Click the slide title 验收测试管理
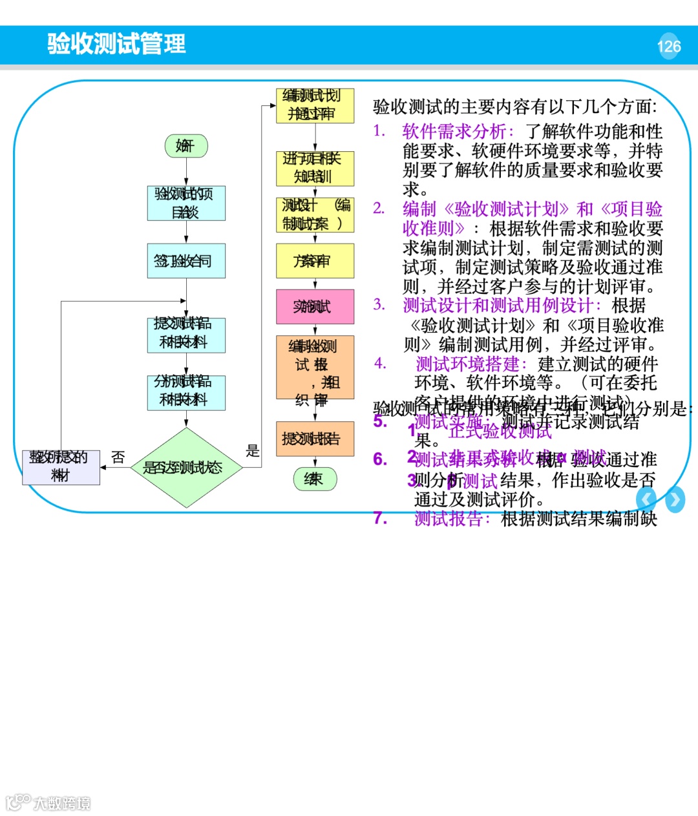[x=116, y=44]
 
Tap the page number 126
[x=669, y=47]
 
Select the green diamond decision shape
[x=186, y=467]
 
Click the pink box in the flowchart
[x=315, y=306]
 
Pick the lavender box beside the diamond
[x=61, y=466]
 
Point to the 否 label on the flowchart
[x=118, y=457]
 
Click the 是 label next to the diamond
[x=253, y=451]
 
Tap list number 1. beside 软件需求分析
[x=379, y=131]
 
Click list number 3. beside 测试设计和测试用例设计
[x=379, y=305]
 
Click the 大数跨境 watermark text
[x=62, y=803]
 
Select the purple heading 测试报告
[x=452, y=519]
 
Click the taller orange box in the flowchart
[x=315, y=367]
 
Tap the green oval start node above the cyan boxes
[x=186, y=146]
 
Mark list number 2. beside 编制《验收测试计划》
[x=379, y=209]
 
